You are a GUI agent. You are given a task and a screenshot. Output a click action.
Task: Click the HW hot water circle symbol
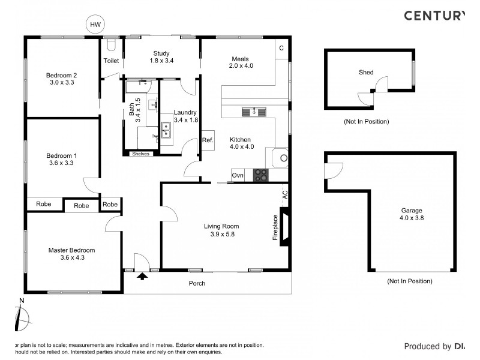pyautogui.click(x=95, y=25)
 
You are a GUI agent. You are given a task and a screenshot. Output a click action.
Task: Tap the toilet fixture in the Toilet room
pyautogui.click(x=111, y=46)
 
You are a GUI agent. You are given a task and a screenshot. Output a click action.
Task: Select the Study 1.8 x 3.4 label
pyautogui.click(x=161, y=57)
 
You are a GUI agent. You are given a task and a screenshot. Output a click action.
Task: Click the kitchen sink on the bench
pyautogui.click(x=254, y=111)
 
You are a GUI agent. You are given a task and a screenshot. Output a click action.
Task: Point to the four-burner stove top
pyautogui.click(x=261, y=175)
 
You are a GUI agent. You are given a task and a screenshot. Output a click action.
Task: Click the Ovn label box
pyautogui.click(x=238, y=175)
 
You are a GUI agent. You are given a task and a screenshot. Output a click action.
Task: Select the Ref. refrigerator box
pyautogui.click(x=208, y=140)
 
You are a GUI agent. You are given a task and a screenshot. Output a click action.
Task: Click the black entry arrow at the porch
pyautogui.click(x=142, y=277)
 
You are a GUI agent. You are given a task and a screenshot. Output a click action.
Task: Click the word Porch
pyautogui.click(x=197, y=283)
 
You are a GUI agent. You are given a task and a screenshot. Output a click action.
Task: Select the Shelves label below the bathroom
pyautogui.click(x=140, y=154)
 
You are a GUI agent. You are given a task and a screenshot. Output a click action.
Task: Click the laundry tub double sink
pyautogui.click(x=166, y=130)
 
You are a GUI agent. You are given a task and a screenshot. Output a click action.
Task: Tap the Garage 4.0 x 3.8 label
pyautogui.click(x=412, y=215)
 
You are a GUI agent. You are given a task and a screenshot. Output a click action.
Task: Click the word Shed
pyautogui.click(x=366, y=73)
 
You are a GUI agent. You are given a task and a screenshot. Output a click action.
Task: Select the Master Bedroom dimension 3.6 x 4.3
pyautogui.click(x=71, y=258)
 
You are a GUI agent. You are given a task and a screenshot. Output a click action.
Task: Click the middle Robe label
pyautogui.click(x=81, y=205)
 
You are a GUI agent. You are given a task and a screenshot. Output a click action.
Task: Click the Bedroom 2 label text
pyautogui.click(x=62, y=75)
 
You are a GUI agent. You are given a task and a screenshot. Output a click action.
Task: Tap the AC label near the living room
pyautogui.click(x=285, y=194)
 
